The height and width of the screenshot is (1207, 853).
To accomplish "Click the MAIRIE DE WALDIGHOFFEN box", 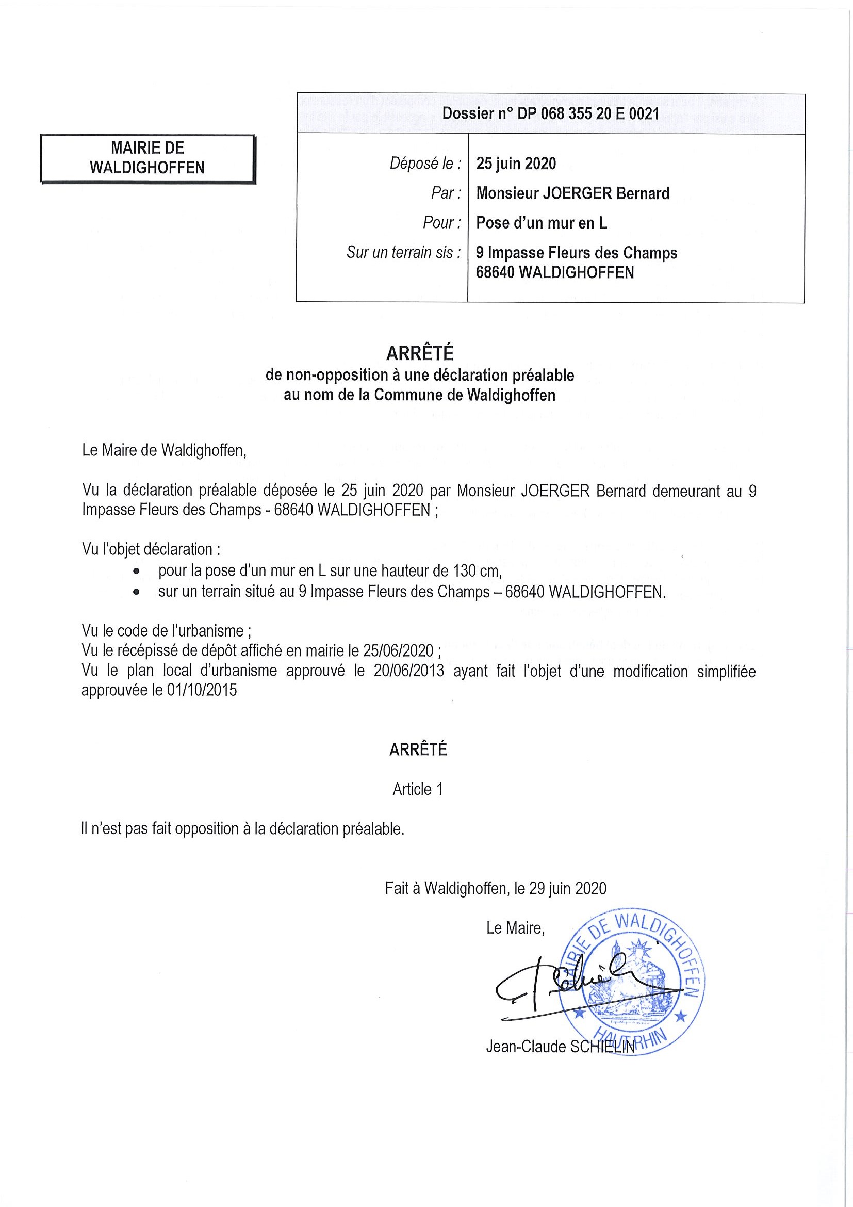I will tap(147, 158).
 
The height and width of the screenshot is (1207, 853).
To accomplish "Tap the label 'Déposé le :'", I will tap(425, 164).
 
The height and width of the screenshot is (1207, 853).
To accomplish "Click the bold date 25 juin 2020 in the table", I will tap(516, 164).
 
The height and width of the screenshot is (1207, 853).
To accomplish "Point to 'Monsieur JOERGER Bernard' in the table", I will tap(572, 193).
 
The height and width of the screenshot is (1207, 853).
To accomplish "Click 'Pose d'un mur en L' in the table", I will tap(542, 223).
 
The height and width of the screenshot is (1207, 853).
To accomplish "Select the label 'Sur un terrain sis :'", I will tap(404, 253).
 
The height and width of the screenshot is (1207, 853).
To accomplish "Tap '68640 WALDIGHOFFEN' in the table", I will tap(554, 272).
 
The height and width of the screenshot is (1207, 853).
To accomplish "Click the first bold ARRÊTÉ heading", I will tap(419, 354).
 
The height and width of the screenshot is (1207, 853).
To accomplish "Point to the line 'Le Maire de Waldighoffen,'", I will tap(164, 450).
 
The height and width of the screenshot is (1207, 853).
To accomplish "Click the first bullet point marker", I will tap(137, 571).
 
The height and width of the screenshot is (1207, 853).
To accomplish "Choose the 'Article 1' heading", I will tap(418, 789).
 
